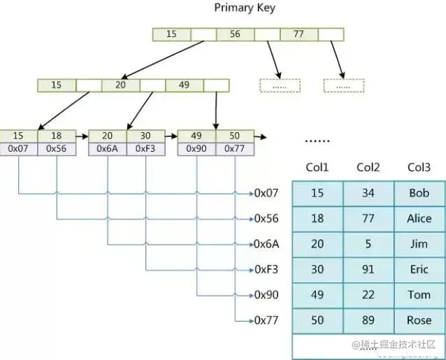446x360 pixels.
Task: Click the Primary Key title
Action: click(244, 8)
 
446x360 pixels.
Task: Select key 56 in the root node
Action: click(235, 34)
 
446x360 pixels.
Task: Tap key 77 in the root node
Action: click(298, 34)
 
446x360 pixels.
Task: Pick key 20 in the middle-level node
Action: click(120, 85)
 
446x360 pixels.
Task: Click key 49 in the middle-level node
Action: click(184, 85)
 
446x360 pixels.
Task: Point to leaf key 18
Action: click(57, 136)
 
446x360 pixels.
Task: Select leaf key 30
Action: click(146, 136)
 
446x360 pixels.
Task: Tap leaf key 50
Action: click(235, 136)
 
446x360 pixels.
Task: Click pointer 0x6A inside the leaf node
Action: click(108, 149)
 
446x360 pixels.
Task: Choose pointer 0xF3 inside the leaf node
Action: click(146, 149)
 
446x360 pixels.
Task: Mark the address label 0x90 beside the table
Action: click(266, 294)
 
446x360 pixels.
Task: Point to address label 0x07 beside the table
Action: click(266, 193)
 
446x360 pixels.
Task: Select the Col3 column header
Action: click(419, 168)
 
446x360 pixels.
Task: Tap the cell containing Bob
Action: click(419, 193)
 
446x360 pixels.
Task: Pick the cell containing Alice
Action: click(419, 219)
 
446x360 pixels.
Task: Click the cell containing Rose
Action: click(419, 320)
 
